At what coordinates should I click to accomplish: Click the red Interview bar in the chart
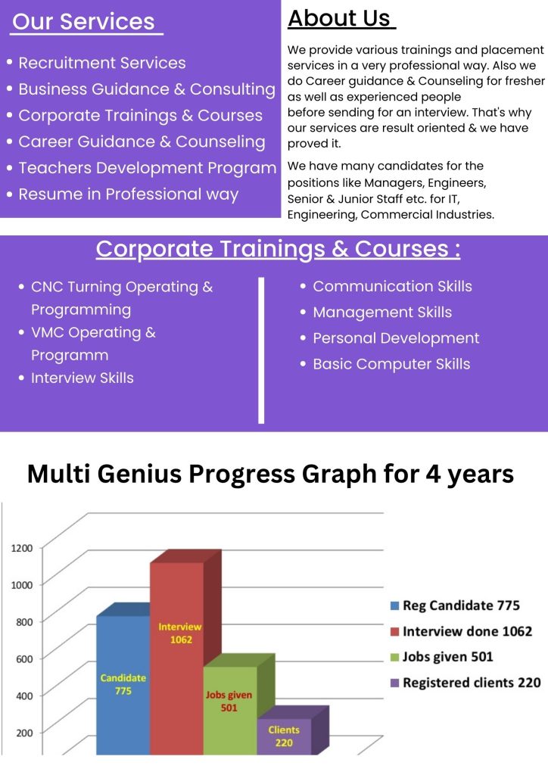(177, 658)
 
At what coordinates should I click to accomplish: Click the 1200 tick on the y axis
(22, 548)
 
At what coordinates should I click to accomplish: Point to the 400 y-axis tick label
(24, 696)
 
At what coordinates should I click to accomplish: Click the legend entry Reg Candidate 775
(455, 605)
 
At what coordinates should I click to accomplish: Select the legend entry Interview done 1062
(461, 631)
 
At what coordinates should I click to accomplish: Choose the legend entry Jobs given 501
(442, 657)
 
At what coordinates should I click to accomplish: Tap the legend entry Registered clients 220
(465, 683)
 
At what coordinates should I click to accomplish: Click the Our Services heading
(83, 22)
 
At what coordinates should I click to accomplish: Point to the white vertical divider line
(261, 350)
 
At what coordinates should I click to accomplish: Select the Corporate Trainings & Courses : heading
(279, 249)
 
